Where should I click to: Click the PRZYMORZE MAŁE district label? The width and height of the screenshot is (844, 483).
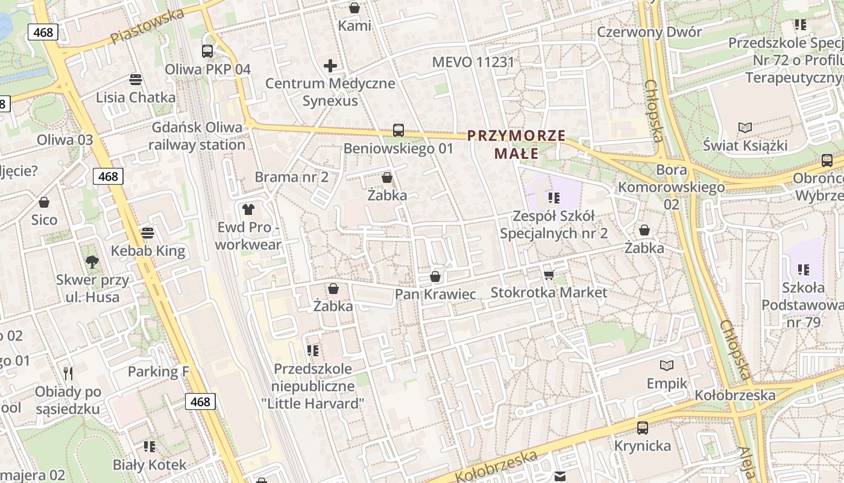[516, 144]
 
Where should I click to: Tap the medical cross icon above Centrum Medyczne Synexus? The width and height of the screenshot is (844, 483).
[330, 65]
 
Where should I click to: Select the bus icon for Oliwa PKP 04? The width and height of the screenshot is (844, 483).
[207, 51]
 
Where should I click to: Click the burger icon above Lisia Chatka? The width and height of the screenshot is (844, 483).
[136, 79]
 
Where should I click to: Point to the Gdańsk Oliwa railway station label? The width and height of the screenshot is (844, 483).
[197, 136]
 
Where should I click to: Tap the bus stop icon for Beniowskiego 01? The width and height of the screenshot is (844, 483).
[398, 130]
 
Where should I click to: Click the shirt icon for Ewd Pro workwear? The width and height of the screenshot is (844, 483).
[248, 210]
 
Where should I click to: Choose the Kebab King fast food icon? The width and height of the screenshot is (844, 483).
[148, 232]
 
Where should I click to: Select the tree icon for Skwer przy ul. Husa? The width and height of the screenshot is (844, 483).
[92, 261]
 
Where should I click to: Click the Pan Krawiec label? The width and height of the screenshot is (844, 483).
[435, 294]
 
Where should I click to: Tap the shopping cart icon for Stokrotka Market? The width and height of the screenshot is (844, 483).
[549, 275]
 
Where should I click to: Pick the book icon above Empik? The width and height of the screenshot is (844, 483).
[667, 365]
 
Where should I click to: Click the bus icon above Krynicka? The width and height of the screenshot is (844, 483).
[643, 428]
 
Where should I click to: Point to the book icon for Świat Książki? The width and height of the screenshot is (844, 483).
[745, 127]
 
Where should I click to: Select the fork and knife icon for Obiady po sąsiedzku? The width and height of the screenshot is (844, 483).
[68, 374]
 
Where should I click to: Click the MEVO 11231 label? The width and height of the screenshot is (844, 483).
[473, 62]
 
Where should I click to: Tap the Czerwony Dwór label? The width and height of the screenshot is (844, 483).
[649, 32]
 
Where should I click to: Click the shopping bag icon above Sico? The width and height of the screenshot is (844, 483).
[44, 202]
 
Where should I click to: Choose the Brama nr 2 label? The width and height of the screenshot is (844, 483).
[291, 177]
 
